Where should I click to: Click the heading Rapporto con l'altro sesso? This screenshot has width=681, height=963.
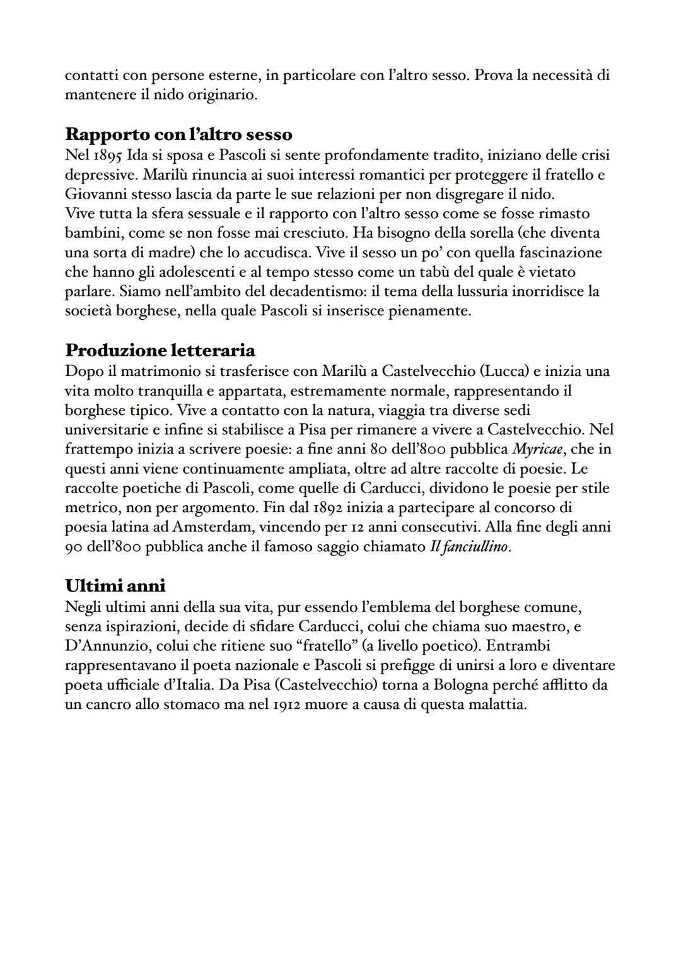tap(178, 134)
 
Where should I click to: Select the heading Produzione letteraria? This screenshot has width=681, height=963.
tap(160, 350)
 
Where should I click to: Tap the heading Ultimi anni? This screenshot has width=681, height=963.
tap(115, 586)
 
